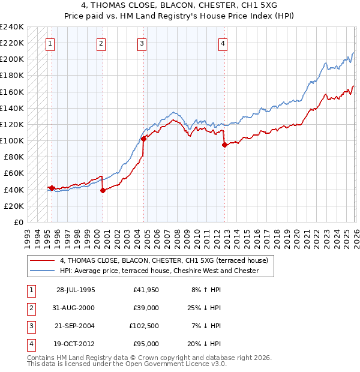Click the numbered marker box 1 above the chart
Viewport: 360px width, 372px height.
50,43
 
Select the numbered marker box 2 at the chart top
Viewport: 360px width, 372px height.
101,43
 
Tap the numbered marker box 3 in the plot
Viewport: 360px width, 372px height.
142,43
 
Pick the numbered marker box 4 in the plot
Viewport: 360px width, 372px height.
222,43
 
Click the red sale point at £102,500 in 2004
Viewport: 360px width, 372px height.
144,139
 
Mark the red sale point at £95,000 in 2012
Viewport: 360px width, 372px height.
224,145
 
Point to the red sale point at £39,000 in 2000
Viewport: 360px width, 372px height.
103,190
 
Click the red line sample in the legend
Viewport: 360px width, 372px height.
43,260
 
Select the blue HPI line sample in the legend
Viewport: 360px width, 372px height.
43,271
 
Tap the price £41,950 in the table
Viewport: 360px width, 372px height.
146,290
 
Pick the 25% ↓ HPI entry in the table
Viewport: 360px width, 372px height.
203,308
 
